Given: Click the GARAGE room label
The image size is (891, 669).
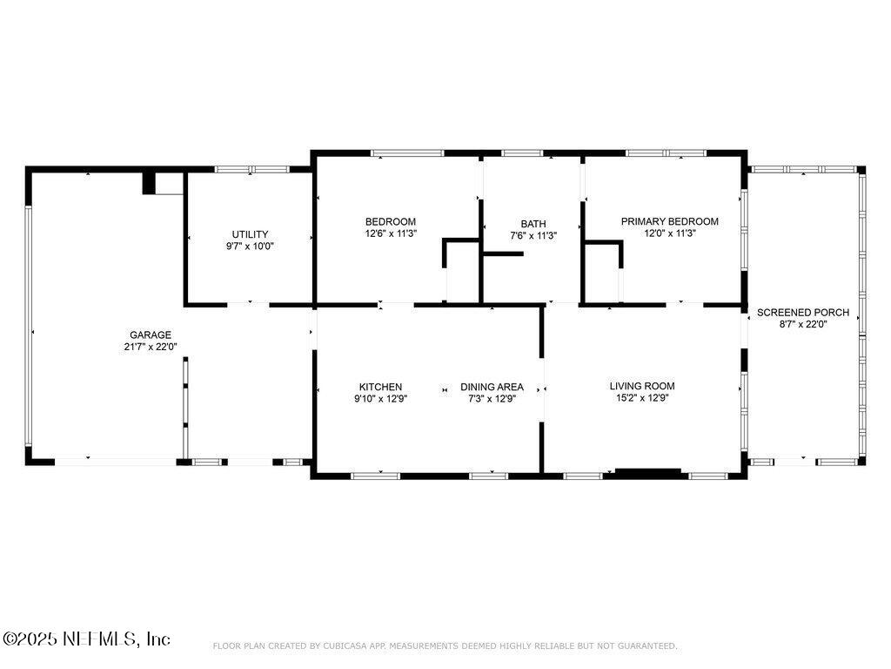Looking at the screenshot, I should pos(151,334).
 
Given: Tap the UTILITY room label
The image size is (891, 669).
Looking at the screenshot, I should pos(250,233).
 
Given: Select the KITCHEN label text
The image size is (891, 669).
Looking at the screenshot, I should pos(380,387).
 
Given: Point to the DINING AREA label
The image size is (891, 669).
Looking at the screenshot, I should pos(492,387).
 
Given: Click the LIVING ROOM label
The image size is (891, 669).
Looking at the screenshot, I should pos(641,386).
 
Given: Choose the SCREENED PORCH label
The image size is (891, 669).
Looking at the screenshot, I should pos(803,312).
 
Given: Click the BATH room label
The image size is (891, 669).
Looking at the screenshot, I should pos(533,224).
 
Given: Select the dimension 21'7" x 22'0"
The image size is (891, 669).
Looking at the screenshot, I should pos(151,347).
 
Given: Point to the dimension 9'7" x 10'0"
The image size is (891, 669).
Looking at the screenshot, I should pos(250,246).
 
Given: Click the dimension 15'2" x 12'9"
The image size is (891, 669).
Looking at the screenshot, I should pos(641,398).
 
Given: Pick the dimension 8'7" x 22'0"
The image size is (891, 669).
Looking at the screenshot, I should pos(803,324).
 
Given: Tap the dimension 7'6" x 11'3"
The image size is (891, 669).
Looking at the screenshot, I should pos(533,236).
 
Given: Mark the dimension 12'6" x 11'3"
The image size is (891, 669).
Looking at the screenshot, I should pos(390,233).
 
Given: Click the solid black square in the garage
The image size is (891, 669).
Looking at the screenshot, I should pos(149,183).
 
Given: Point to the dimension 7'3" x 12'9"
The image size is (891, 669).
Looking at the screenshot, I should pos(492,399).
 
